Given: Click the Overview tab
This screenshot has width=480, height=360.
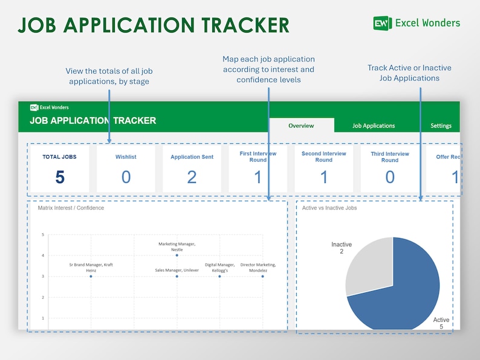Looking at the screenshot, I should (301, 126).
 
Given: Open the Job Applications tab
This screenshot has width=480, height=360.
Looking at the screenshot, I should (374, 126).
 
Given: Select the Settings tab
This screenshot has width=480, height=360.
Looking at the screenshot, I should (441, 126).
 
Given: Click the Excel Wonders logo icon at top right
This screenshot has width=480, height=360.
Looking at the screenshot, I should (382, 23).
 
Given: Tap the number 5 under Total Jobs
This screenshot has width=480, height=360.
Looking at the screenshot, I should (59, 176).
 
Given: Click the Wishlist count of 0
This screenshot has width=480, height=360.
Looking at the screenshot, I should (126, 176).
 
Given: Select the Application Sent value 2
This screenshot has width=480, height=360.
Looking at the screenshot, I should (192, 176).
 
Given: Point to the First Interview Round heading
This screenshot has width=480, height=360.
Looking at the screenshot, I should (258, 156).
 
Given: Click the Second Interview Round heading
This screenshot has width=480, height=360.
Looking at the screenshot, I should (324, 156).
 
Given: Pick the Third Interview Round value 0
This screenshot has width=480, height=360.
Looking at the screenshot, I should (390, 176).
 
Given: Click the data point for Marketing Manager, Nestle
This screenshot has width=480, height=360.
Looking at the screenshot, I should (177, 256).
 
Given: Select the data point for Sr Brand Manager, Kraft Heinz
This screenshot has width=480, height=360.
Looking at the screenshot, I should (91, 276).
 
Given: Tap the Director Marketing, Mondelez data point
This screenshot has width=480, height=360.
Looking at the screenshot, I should (262, 276).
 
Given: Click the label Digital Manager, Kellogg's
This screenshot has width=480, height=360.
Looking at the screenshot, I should (219, 268).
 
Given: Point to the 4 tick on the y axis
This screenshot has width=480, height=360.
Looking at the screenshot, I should (43, 256).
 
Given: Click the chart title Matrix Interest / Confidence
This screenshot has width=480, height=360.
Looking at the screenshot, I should (71, 208).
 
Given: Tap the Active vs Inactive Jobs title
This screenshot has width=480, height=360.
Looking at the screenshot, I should (329, 208).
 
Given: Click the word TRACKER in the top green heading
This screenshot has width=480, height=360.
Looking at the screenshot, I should (242, 25).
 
